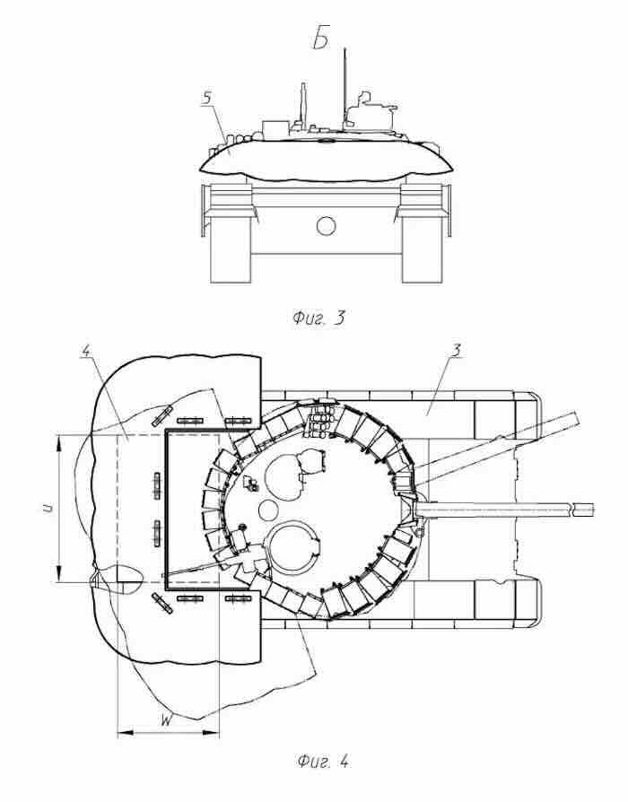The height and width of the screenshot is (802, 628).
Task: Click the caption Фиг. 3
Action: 319,318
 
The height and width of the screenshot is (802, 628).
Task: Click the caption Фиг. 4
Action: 323,763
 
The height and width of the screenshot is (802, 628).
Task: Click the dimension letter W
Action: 166,721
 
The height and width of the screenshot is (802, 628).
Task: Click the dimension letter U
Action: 47,508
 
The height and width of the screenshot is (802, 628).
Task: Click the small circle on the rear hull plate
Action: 327,225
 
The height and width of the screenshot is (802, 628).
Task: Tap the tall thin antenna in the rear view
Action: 345,87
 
